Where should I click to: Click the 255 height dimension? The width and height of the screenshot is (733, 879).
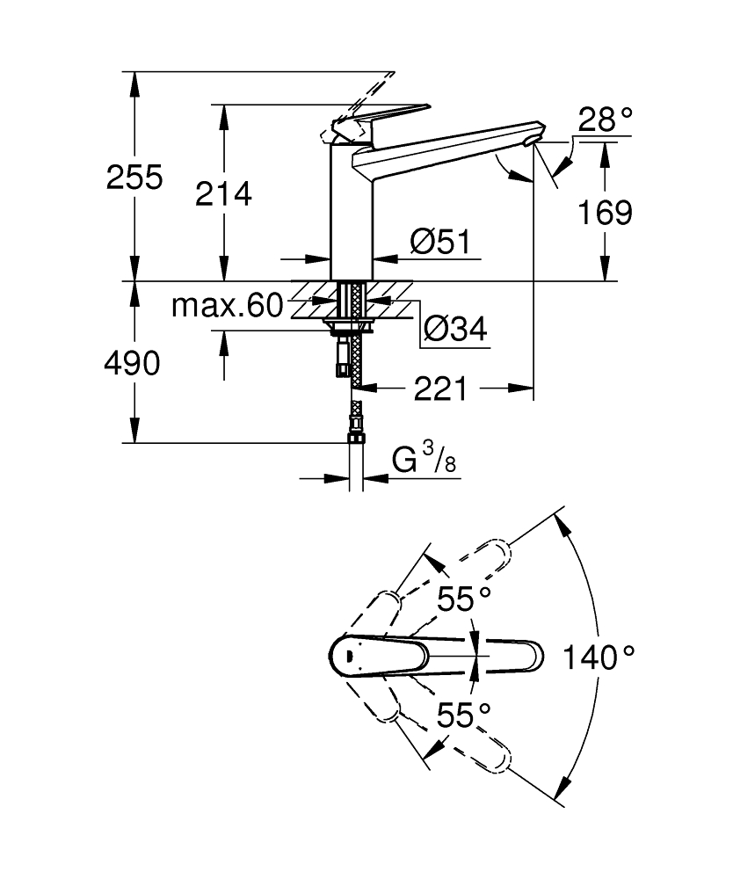[134, 178]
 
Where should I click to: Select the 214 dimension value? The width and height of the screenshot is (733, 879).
[223, 194]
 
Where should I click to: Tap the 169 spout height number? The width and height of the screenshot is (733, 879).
[606, 212]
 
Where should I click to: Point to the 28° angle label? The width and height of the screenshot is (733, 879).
[606, 120]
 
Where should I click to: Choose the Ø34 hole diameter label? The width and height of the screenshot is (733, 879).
[454, 330]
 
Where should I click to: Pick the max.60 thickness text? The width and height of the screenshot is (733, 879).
[227, 306]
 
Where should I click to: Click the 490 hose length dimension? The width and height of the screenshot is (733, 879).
[133, 362]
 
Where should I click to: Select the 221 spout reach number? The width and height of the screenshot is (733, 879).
[441, 388]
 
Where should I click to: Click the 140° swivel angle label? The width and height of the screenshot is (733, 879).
[598, 656]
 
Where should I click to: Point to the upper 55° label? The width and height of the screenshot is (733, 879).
[464, 600]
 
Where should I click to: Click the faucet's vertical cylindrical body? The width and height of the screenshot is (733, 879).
[352, 211]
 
